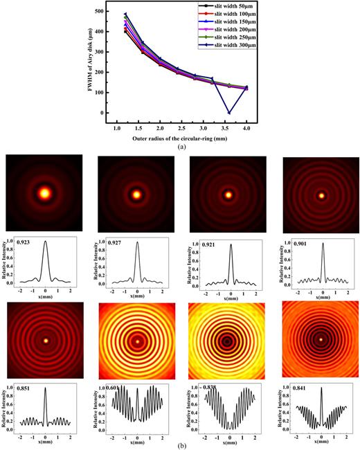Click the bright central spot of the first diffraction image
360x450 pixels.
coord(45,194)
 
